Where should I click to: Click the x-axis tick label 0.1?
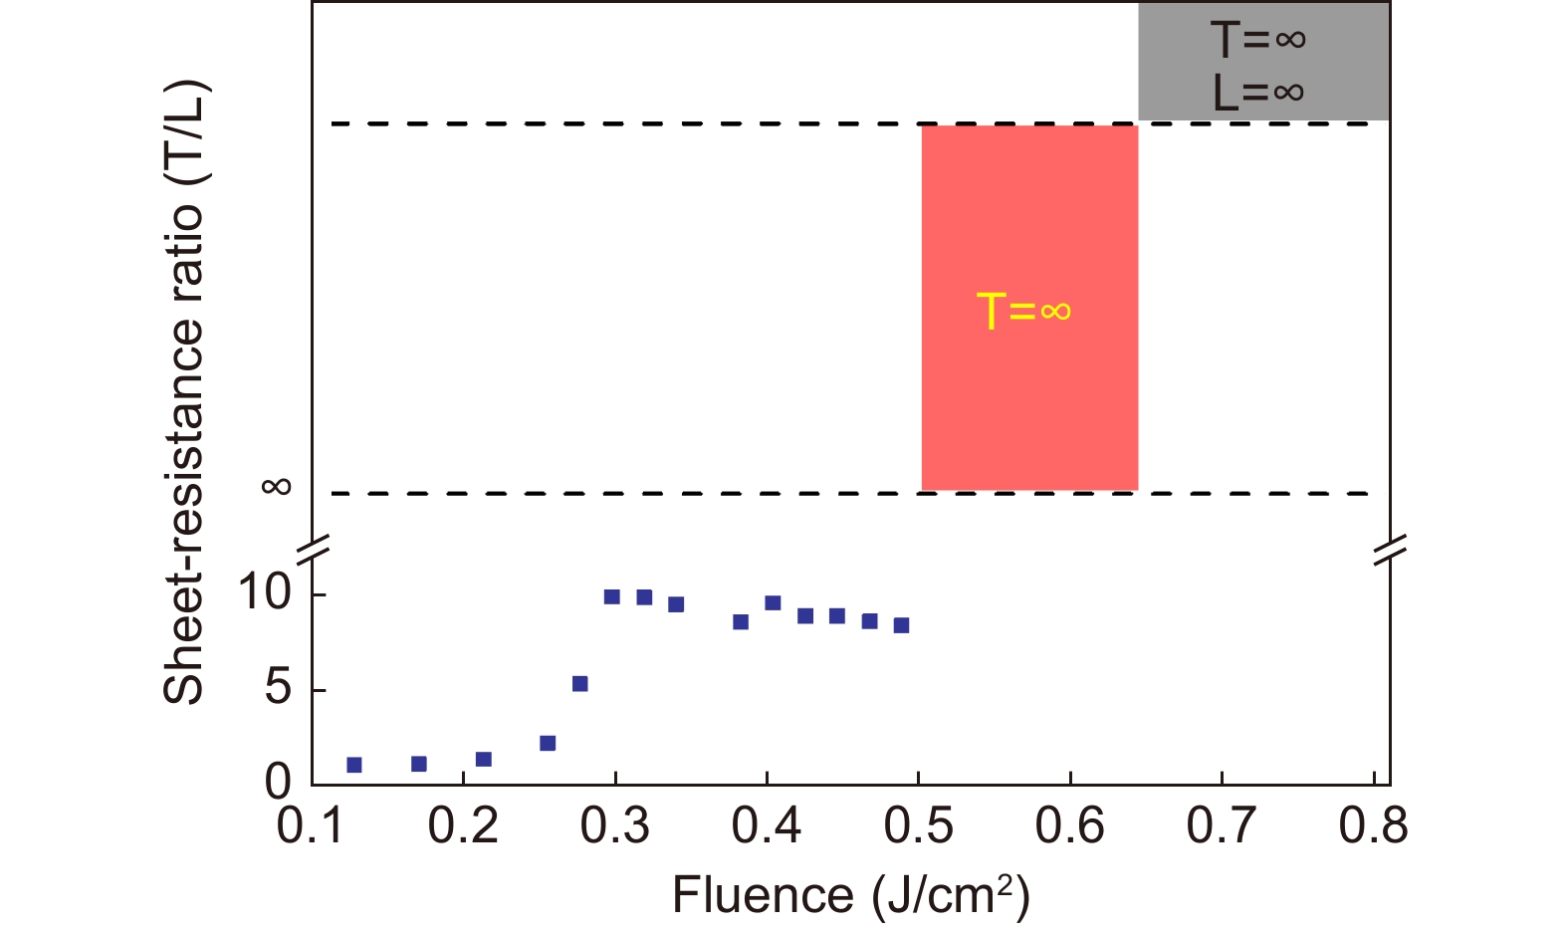[312, 826]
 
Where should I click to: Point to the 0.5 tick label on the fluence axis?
[918, 826]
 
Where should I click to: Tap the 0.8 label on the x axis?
[1374, 826]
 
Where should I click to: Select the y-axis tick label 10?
[265, 593]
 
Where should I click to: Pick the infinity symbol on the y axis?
[277, 486]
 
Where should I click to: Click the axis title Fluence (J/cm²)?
[851, 895]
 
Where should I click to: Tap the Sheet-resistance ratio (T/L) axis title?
[184, 393]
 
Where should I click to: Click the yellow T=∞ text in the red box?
[1023, 311]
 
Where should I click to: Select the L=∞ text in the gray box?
[1258, 93]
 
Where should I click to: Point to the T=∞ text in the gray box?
[1258, 40]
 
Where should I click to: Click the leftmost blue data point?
[353, 765]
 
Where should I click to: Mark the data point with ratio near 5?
[579, 683]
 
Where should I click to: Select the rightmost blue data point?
[901, 625]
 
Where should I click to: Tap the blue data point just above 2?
[547, 743]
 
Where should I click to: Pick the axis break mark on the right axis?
[1389, 550]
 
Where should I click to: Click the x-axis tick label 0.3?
[615, 826]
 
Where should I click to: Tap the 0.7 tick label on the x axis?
[1222, 826]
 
